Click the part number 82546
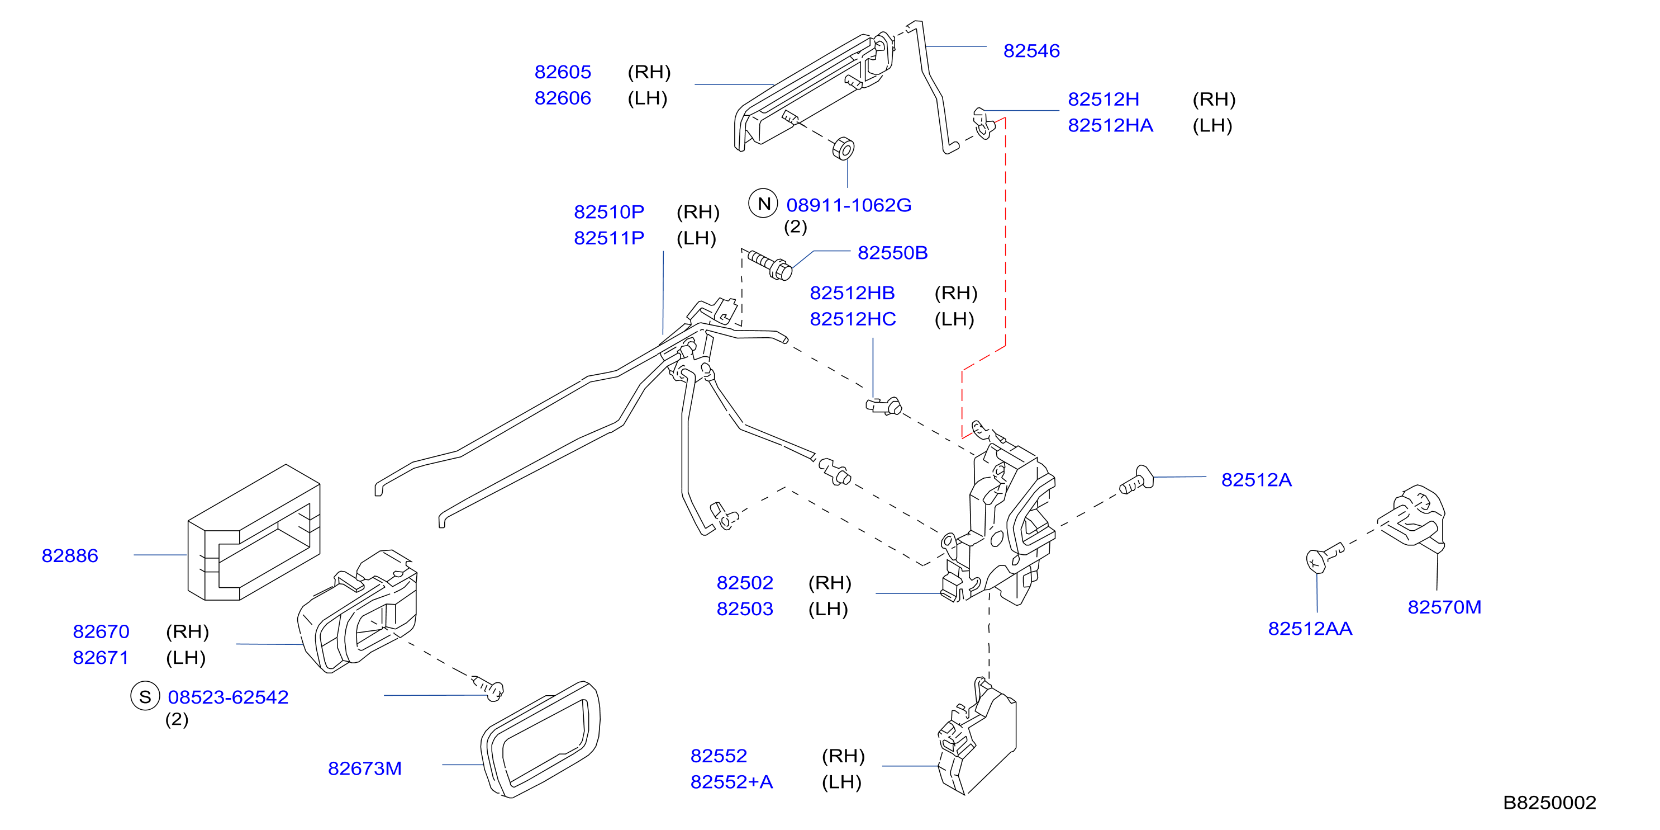(1031, 51)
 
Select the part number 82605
(563, 72)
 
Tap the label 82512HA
(1110, 126)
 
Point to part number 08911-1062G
(849, 206)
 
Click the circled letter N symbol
(764, 204)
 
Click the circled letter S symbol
(145, 696)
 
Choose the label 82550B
(892, 253)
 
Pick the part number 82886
(70, 556)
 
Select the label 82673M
(365, 768)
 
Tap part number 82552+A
(731, 782)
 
